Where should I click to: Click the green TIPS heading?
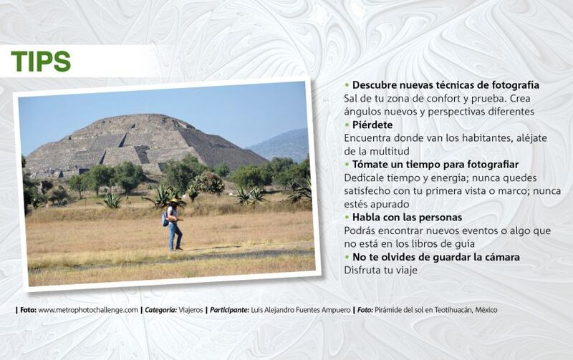tap(41, 61)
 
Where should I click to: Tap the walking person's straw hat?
tap(174, 201)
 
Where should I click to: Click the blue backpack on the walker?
tap(165, 218)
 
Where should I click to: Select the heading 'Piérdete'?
tap(372, 125)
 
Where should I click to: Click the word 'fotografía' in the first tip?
tap(515, 85)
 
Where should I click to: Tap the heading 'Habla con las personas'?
tap(407, 218)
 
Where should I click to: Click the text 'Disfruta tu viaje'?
tap(380, 271)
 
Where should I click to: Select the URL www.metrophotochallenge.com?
tap(88, 310)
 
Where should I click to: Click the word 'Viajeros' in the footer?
tap(191, 310)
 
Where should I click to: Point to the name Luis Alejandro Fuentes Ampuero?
tap(300, 310)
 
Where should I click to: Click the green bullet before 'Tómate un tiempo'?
tap(347, 165)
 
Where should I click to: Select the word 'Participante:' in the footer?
tap(229, 310)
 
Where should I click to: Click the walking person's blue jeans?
tap(175, 236)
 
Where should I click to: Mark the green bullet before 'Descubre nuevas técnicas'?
tap(347, 85)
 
